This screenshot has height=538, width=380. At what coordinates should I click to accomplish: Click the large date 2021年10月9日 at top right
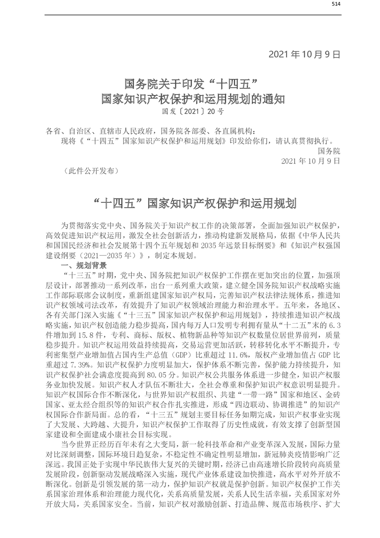tap(304, 54)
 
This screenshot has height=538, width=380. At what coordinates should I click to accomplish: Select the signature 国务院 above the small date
tap(329, 151)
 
